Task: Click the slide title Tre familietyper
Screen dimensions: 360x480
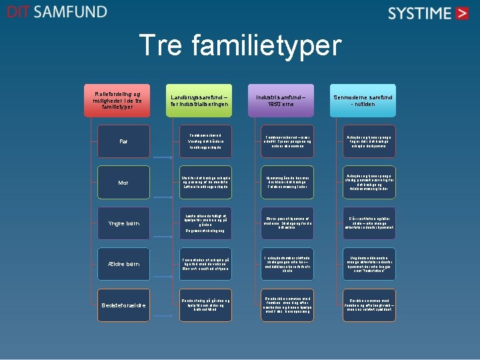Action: (239, 46)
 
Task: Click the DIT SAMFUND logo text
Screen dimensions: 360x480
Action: (57, 12)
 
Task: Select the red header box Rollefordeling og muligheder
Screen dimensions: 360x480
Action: (122, 100)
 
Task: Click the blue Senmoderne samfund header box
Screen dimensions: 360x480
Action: (363, 100)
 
